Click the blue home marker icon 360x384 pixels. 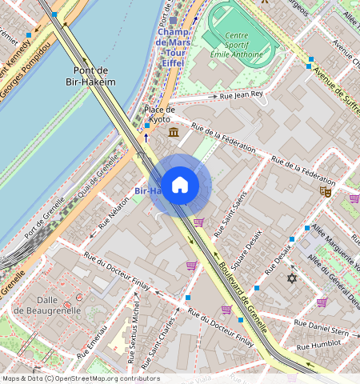180,186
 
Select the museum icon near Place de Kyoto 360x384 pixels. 174,132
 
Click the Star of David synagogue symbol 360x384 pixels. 291,278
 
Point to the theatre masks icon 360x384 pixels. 325,191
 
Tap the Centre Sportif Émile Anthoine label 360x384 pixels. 237,45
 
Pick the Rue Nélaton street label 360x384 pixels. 114,216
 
